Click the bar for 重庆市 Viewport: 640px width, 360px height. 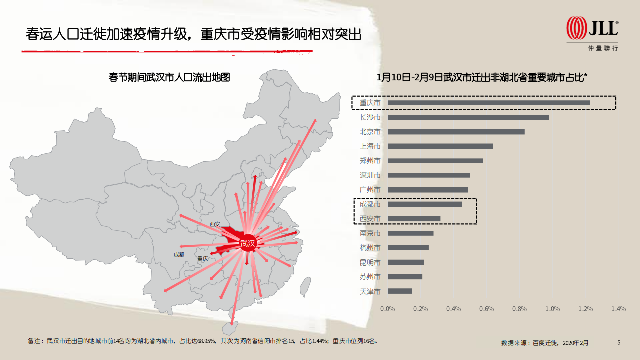(489, 103)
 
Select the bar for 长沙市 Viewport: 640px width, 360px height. (468, 118)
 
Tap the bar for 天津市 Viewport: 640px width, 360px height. (400, 291)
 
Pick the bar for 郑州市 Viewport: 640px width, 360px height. (435, 161)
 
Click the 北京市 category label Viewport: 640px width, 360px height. (370, 132)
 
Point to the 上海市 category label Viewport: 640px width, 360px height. (370, 146)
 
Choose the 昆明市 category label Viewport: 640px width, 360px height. (370, 262)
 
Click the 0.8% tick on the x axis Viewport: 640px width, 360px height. (519, 309)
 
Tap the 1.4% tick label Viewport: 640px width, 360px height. (618, 309)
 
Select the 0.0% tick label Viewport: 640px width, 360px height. (388, 309)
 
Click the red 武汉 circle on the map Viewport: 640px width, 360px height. (247, 244)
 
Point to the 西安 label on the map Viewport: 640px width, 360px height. (215, 224)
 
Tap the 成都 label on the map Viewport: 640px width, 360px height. (179, 254)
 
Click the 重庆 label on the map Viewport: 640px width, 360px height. (202, 259)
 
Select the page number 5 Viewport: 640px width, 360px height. (619, 343)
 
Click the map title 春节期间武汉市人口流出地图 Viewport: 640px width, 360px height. (169, 77)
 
